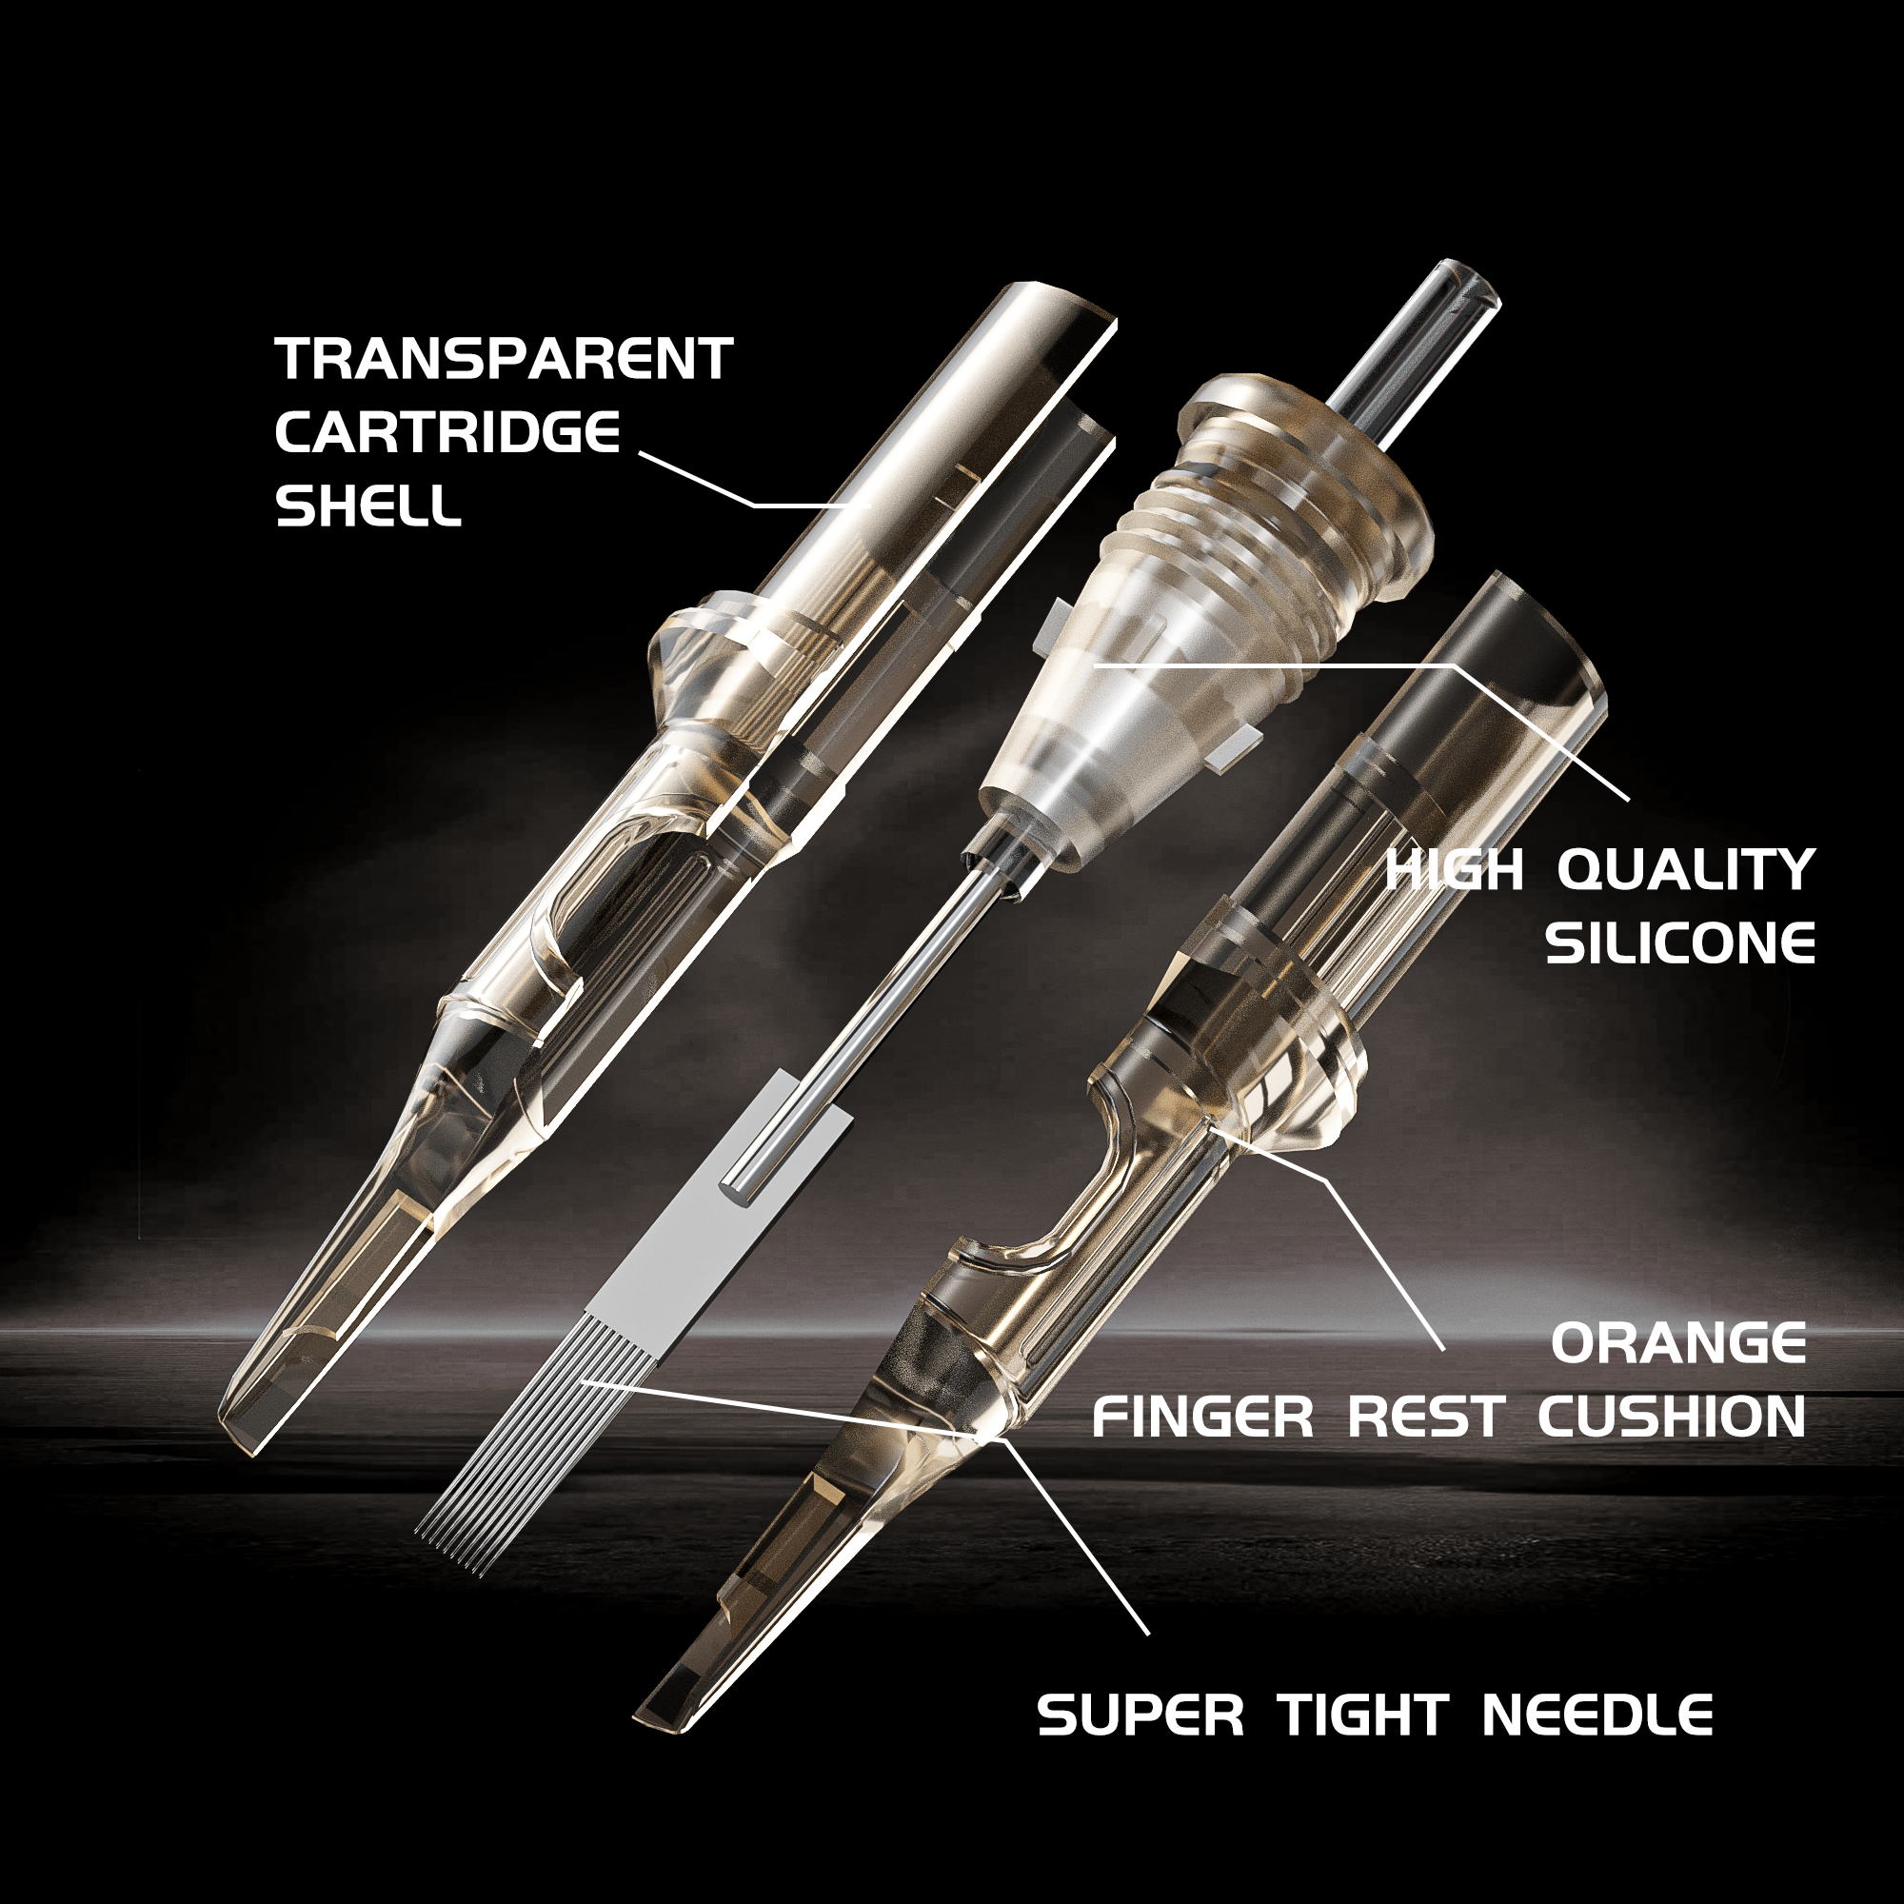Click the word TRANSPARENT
coord(504,359)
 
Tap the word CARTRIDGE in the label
coord(447,432)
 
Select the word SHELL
coord(367,506)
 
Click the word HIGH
coord(1455,870)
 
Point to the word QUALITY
coord(1685,870)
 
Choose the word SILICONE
coord(1679,944)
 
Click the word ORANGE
coord(1678,1343)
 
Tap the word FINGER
coord(1202,1418)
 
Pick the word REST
coord(1424,1418)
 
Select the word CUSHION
coord(1672,1418)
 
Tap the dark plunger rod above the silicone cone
coord(1419,335)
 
